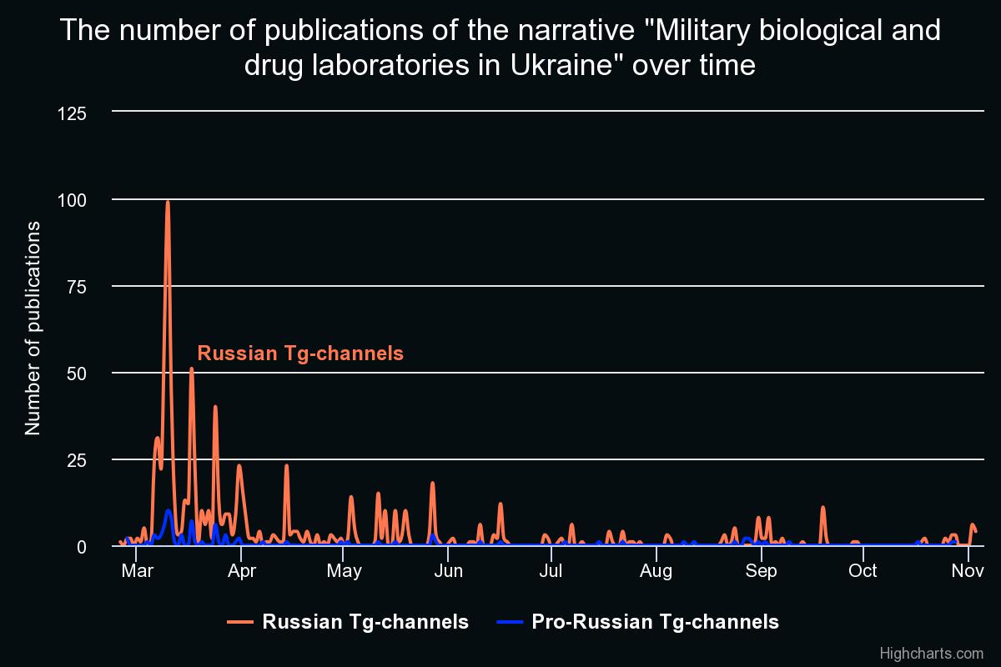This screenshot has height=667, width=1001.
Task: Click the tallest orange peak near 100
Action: click(x=168, y=203)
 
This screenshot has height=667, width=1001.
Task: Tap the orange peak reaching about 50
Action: click(x=192, y=369)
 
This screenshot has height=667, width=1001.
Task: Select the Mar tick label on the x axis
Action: click(x=137, y=570)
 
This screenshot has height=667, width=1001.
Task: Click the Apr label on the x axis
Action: click(x=242, y=571)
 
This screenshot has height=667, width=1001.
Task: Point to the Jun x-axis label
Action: click(x=448, y=570)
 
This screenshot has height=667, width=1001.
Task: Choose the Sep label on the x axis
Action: click(x=761, y=571)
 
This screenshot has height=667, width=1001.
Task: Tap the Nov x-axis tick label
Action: click(x=968, y=570)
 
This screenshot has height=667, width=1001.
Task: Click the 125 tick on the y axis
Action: click(x=72, y=113)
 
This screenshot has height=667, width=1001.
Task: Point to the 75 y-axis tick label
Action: click(x=77, y=287)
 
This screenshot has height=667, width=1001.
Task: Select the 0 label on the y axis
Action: click(x=82, y=547)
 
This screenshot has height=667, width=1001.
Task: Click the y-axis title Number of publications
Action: click(x=33, y=328)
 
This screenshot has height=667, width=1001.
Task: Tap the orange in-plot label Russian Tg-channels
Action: click(x=300, y=353)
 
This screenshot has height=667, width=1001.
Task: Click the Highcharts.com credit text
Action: click(x=932, y=653)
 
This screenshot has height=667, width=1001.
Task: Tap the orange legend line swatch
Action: click(x=240, y=621)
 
